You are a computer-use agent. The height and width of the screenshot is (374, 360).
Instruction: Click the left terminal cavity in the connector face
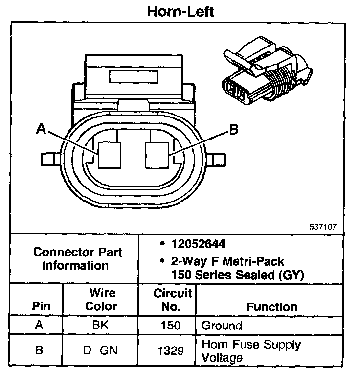(109, 155)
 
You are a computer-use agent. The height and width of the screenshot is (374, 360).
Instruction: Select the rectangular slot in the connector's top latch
(134, 77)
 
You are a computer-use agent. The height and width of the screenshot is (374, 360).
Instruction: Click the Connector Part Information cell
(77, 259)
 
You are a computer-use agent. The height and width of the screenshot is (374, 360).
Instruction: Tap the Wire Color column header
(102, 300)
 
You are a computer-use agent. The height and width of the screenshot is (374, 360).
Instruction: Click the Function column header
(271, 307)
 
